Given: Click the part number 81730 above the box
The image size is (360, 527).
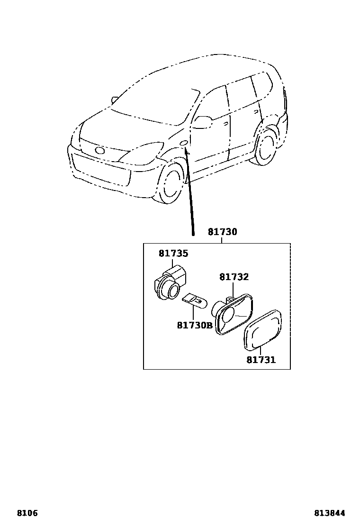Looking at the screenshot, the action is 222,232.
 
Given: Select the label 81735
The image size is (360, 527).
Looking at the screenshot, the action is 173,254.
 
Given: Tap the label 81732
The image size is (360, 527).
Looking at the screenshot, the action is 234,277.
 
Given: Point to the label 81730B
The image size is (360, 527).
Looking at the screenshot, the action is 195,325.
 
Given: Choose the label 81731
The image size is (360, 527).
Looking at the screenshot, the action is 261,360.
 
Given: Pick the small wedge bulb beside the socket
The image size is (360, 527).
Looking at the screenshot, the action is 195,300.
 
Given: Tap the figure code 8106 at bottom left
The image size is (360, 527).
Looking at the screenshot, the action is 27,513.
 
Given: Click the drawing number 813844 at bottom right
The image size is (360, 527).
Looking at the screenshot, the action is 329,513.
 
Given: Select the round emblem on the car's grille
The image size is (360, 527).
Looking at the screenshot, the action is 99,151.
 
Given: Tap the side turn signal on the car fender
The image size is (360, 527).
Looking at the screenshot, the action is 184,142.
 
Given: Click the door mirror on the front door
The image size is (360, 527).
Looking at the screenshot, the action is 202,122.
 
